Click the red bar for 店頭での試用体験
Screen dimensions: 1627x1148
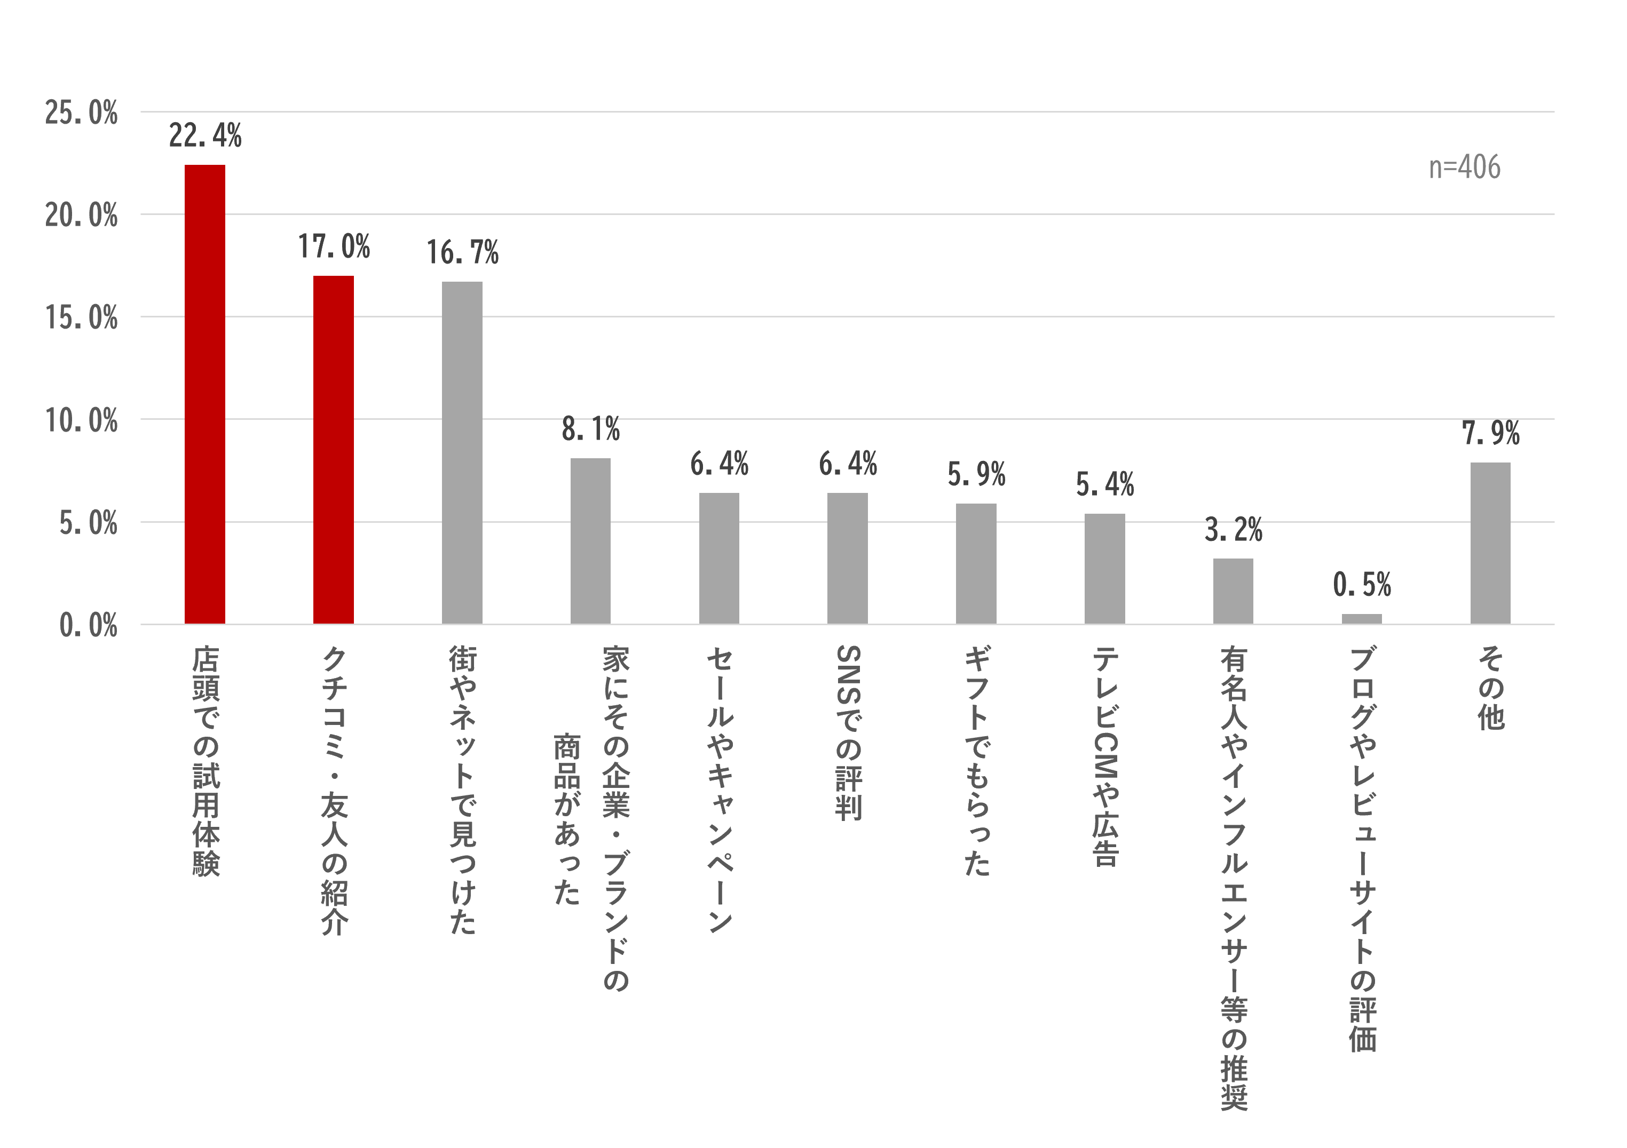tap(205, 394)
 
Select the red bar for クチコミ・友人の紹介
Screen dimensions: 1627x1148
tap(333, 450)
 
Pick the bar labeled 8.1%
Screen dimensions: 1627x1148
tap(590, 541)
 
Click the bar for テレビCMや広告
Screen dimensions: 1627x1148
tap(1105, 569)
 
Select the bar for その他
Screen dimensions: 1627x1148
tap(1490, 543)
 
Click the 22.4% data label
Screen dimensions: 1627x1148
tap(205, 135)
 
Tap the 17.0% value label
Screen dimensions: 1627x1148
tap(334, 246)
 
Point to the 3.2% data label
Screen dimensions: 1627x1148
tap(1233, 530)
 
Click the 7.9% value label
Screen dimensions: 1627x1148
tap(1491, 433)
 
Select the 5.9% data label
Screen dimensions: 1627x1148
tap(976, 474)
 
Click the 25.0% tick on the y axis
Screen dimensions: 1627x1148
tap(81, 113)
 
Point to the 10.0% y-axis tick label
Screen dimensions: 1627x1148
tap(81, 421)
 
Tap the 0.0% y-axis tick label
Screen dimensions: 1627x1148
tap(89, 625)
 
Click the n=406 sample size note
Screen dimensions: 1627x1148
tap(1465, 167)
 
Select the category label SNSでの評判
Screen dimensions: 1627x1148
tap(848, 733)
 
